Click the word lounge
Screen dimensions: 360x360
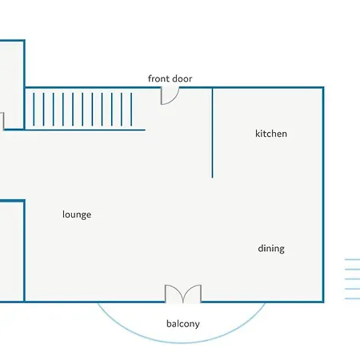77,214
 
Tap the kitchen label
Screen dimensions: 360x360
271,134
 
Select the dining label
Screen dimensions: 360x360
271,249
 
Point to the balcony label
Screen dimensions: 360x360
183,324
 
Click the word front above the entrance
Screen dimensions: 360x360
158,78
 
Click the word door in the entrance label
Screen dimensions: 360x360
182,78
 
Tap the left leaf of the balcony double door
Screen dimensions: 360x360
174,294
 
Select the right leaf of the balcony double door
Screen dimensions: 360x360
192,294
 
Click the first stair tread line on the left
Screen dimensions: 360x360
34,109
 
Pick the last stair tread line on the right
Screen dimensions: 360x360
131,109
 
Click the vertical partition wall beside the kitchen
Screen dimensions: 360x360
212,133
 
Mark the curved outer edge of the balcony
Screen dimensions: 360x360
182,342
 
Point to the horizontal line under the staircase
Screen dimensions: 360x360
74,130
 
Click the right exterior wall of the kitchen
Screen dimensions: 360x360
323,194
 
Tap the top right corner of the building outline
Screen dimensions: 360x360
323,87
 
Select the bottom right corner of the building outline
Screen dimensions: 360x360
323,302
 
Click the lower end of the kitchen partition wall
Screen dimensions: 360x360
212,178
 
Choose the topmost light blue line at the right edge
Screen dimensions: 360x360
352,259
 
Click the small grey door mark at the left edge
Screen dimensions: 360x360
3,122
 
